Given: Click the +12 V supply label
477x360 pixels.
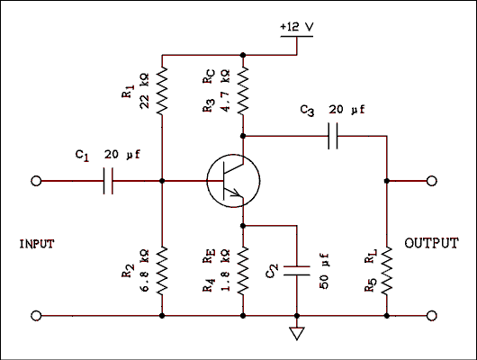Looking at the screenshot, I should [x=295, y=27].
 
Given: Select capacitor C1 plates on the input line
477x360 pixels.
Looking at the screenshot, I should [x=109, y=181].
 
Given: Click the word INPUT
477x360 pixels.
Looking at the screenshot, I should [x=40, y=244].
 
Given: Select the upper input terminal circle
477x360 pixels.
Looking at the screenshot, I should [x=36, y=181].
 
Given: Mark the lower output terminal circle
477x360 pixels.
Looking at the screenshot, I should [x=433, y=316].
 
